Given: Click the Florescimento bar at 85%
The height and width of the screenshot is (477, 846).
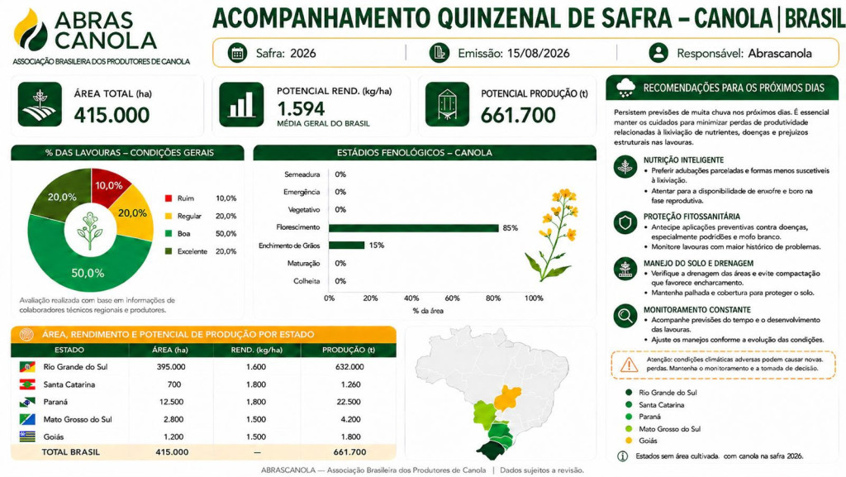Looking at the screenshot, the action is click(413, 228).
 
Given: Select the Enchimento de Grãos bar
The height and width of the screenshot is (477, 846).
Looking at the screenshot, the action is click(346, 246).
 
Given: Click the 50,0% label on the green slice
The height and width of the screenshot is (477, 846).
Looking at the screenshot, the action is click(88, 273).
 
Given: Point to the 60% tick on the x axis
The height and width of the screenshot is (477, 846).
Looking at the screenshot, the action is click(452, 298).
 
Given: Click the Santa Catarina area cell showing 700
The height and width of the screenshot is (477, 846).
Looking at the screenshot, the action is click(173, 384).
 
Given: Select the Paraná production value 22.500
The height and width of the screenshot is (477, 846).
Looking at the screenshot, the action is click(349, 402).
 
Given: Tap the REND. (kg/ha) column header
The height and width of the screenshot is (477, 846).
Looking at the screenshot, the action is click(257, 350).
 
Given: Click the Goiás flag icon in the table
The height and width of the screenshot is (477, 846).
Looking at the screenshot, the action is click(27, 436).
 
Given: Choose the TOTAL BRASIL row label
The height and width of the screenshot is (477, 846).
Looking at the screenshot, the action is click(71, 452).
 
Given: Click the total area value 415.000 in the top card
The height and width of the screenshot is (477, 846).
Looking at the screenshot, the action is click(112, 115).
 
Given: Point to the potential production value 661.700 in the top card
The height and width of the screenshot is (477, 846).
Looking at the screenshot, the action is click(518, 115).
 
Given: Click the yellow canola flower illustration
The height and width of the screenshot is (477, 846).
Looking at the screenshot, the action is click(552, 234).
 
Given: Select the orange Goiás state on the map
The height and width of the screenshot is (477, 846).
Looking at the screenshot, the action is click(508, 398).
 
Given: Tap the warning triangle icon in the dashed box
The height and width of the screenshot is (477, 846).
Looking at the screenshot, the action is click(629, 365).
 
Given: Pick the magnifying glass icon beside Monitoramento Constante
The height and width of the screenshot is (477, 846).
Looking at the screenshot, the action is click(625, 316).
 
